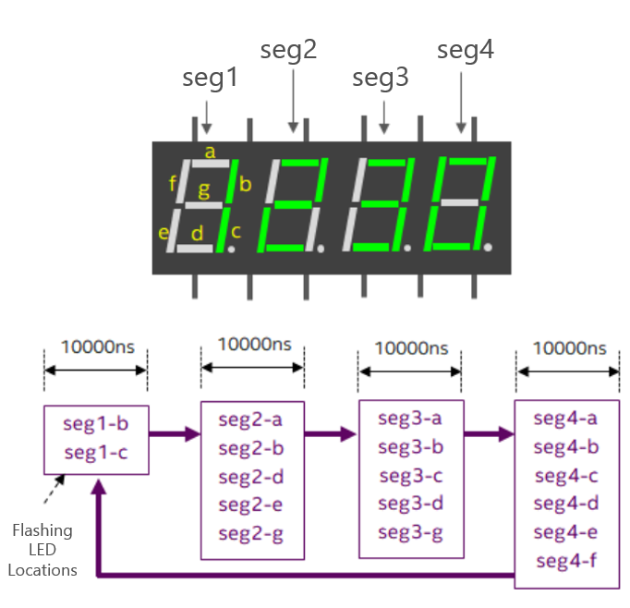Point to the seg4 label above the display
click(465, 51)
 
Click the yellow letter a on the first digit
click(210, 152)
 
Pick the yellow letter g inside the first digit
click(204, 189)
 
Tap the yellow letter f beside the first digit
click(173, 184)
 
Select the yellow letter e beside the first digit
click(164, 232)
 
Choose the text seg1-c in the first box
click(95, 453)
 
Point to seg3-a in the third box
click(410, 419)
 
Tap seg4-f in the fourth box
click(565, 561)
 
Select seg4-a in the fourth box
click(565, 419)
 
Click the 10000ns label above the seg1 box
click(97, 347)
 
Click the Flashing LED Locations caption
click(42, 550)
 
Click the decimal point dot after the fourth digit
click(488, 248)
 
